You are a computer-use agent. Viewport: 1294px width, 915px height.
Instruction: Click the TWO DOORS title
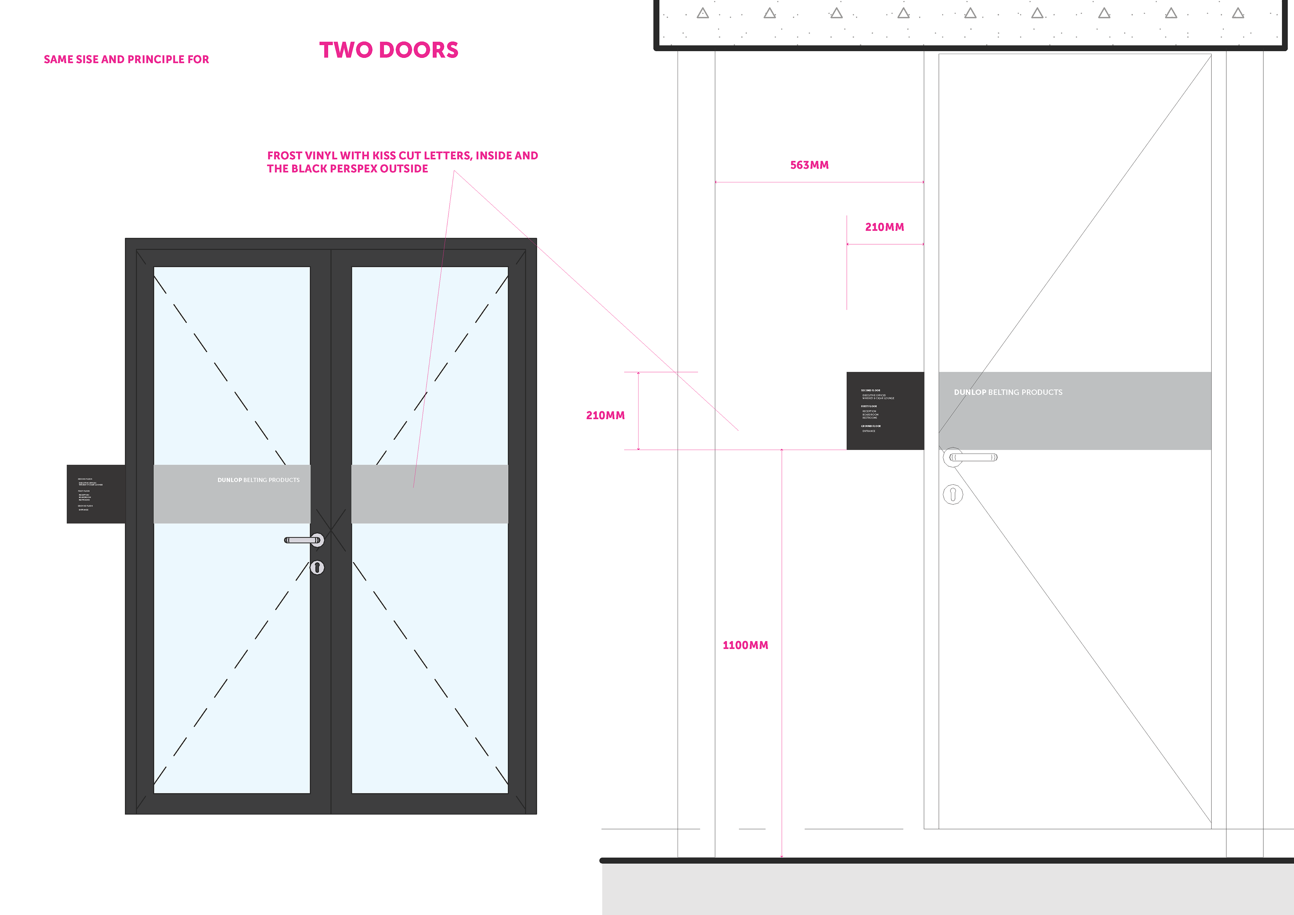(x=389, y=50)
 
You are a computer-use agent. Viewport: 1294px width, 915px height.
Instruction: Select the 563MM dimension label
(x=809, y=165)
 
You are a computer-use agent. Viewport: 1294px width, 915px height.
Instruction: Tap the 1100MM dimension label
(x=745, y=645)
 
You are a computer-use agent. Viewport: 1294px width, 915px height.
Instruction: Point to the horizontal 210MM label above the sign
(x=884, y=227)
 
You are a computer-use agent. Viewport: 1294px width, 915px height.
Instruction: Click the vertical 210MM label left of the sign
(x=605, y=416)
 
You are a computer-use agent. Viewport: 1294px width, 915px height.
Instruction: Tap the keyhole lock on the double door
(x=317, y=567)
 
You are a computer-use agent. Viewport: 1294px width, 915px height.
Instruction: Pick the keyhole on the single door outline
(x=953, y=494)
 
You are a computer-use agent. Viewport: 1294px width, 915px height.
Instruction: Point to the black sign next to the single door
(x=885, y=410)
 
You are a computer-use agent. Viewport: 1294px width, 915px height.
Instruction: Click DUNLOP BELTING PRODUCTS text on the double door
(x=259, y=480)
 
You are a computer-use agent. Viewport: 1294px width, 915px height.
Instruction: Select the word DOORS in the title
(x=419, y=50)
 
